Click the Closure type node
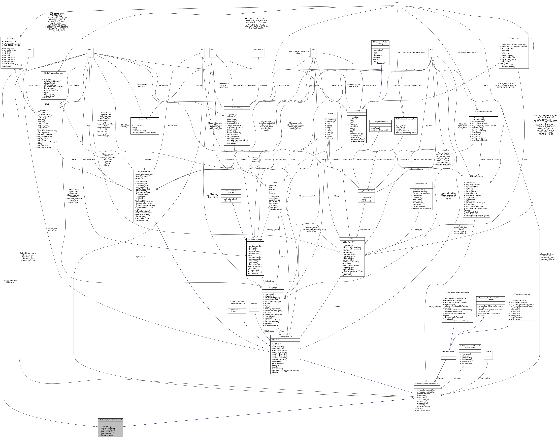pyautogui.click(x=488, y=351)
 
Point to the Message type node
pyautogui.click(x=254, y=303)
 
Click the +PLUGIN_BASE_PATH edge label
pyautogui.click(x=467, y=52)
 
